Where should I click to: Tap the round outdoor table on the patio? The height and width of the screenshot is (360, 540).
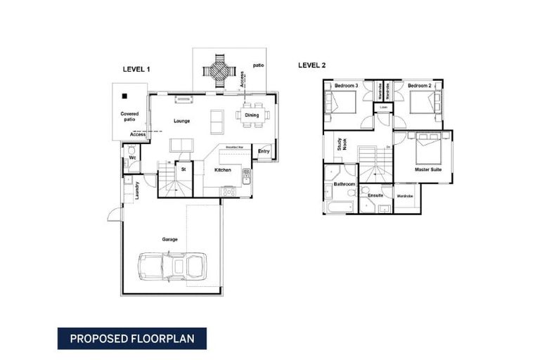tap(217, 70)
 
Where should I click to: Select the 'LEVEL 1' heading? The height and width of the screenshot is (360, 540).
tap(136, 69)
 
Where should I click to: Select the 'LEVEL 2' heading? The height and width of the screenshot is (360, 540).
tap(312, 65)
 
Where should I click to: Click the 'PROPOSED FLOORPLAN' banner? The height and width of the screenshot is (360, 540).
tap(132, 338)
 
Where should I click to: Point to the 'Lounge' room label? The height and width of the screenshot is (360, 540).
tap(181, 121)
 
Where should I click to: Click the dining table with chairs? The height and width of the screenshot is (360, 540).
tap(252, 115)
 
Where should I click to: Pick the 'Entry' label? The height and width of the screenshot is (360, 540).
tap(264, 151)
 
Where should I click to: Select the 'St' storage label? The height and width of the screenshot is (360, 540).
tap(183, 169)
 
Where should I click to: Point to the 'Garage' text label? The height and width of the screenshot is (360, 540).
tap(169, 239)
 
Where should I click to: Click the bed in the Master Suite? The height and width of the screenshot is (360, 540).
tap(426, 148)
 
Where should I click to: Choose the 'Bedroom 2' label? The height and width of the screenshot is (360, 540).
tap(420, 85)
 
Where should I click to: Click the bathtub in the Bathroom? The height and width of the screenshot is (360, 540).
tap(339, 207)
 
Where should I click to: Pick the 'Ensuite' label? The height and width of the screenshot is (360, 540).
tap(375, 195)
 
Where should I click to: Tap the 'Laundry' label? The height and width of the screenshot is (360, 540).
tap(136, 190)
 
